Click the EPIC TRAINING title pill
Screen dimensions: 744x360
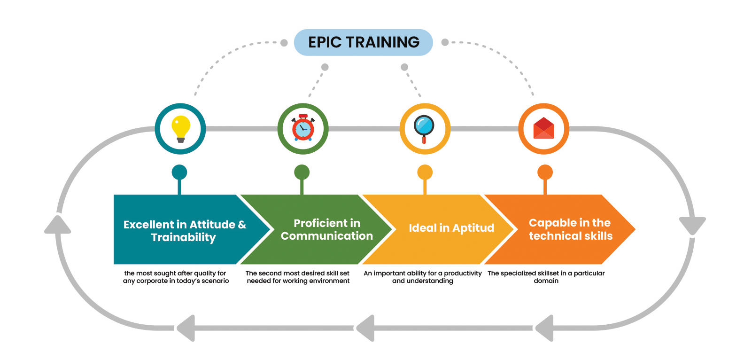point(364,42)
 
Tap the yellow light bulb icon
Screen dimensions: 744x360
point(181,129)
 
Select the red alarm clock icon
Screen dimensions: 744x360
point(303,128)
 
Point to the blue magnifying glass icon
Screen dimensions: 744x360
point(424,129)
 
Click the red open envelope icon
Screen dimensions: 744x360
point(544,128)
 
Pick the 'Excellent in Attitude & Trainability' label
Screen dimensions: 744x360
point(185,231)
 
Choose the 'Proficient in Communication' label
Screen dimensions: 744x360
point(327,229)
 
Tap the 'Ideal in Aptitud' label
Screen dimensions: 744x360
point(451,228)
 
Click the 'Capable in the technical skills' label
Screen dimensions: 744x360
point(571,229)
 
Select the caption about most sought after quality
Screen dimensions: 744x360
point(176,277)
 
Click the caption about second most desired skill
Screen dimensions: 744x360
point(298,277)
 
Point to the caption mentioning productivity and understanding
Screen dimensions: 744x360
point(422,277)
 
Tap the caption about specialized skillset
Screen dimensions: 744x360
point(546,277)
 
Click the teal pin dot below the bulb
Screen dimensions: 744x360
point(179,172)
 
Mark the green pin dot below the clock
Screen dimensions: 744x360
point(302,172)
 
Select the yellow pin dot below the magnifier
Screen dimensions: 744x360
point(425,172)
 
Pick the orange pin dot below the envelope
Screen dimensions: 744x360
point(545,172)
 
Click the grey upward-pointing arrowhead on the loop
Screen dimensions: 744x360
point(58,225)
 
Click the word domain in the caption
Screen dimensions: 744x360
point(546,281)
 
